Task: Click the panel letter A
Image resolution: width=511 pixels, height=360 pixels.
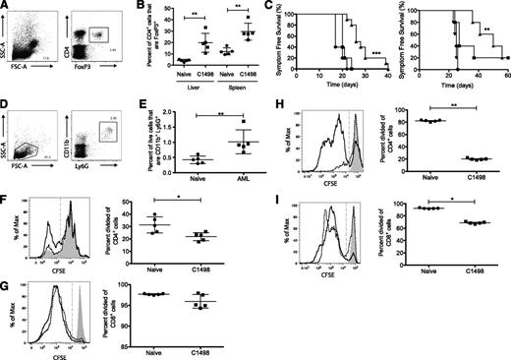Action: point(6,7)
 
